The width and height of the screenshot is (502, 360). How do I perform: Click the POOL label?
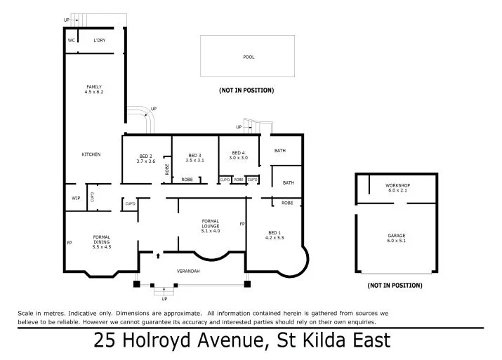coord(249,57)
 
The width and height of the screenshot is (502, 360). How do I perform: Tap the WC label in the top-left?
coord(71,41)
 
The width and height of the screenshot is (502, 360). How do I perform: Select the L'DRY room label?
coord(100,41)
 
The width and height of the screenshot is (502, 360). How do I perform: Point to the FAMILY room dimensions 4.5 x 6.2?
coord(93,92)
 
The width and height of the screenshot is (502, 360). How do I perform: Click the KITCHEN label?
coord(91,154)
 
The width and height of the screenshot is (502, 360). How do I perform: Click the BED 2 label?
coord(145,155)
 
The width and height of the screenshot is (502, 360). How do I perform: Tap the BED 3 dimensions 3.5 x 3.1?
coord(194,161)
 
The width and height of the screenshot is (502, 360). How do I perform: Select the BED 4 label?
coord(238,152)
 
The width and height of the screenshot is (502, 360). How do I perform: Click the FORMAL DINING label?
coord(102,239)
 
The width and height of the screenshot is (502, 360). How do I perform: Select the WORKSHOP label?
coord(397,185)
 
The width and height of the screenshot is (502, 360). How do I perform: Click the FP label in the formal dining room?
coord(70,243)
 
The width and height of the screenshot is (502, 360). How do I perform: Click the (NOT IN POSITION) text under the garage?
coord(395,286)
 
